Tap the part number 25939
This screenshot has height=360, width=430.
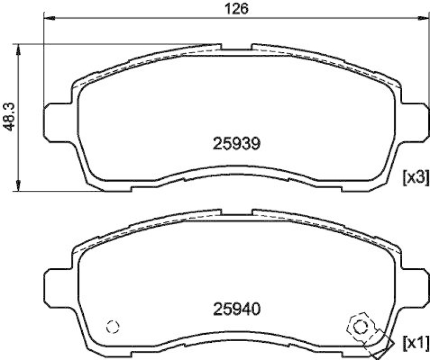tap(236, 143)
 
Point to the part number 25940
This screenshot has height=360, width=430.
tap(236, 309)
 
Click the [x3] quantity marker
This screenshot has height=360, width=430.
tap(415, 178)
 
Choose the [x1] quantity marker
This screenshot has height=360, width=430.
tap(415, 342)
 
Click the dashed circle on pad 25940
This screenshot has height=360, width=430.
tap(112, 326)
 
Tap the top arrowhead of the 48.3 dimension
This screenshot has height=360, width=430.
tap(19, 48)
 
